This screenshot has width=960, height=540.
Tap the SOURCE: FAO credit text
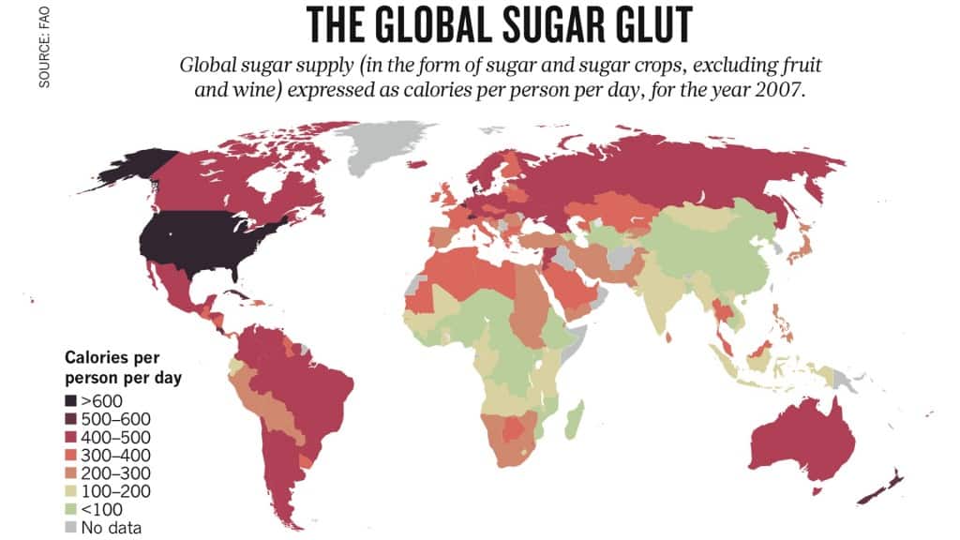coord(43,46)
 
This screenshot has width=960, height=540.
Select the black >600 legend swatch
coord(71,401)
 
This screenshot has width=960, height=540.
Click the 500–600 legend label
coord(112,419)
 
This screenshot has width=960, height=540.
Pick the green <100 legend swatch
coord(71,509)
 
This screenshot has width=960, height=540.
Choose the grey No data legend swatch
coord(71,527)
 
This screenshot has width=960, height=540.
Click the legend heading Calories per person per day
coord(122,368)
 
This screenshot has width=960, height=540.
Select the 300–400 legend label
coord(112,455)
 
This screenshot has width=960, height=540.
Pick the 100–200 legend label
coord(112,491)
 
